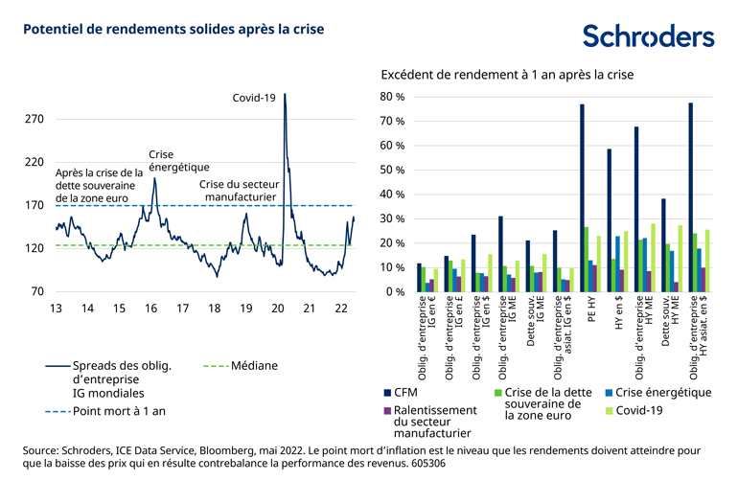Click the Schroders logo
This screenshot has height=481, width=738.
pyautogui.click(x=648, y=35)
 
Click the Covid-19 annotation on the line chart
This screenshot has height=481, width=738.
pyautogui.click(x=255, y=97)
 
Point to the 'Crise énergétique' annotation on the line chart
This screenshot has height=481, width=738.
pyautogui.click(x=179, y=160)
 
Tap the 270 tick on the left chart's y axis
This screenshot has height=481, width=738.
pyautogui.click(x=34, y=120)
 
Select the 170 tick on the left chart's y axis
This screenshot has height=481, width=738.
pyautogui.click(x=34, y=205)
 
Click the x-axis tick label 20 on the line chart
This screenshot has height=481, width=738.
pyautogui.click(x=278, y=308)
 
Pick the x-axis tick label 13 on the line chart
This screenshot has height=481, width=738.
pyautogui.click(x=57, y=308)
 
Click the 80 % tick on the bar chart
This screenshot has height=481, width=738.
pyautogui.click(x=393, y=97)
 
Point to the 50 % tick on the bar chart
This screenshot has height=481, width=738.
pyautogui.click(x=393, y=170)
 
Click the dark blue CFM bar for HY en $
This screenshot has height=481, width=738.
pyautogui.click(x=609, y=219)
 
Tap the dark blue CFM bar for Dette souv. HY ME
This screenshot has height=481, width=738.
pyautogui.click(x=663, y=244)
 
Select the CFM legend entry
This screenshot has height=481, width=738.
pyautogui.click(x=409, y=392)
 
